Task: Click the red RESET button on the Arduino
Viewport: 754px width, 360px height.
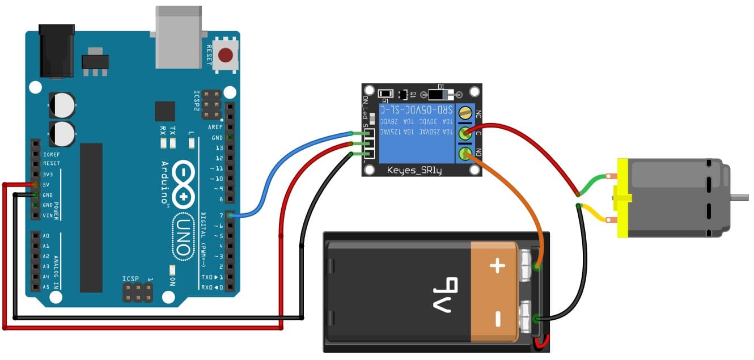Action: (x=226, y=55)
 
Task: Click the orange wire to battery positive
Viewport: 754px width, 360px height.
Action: (x=510, y=198)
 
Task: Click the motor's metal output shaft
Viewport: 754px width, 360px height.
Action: (x=739, y=197)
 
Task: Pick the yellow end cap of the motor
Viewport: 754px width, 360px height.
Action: (x=623, y=197)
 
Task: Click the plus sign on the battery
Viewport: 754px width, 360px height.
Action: (x=497, y=266)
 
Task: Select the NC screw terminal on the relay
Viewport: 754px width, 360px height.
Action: (x=465, y=113)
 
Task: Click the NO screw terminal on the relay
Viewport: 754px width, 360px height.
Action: (x=465, y=153)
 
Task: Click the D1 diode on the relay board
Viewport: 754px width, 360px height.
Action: (x=442, y=94)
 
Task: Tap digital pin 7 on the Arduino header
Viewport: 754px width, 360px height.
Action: (x=229, y=215)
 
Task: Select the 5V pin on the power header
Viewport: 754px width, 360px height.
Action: (x=36, y=185)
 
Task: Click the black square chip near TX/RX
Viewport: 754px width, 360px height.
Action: (x=165, y=111)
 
